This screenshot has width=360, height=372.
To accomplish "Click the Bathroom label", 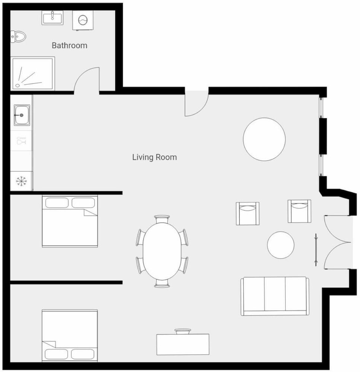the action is (x=69, y=45).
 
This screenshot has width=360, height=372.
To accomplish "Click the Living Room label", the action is (x=154, y=157).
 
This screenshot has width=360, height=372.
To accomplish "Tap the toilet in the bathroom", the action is (x=18, y=36).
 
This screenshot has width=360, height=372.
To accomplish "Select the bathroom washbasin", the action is (x=52, y=17).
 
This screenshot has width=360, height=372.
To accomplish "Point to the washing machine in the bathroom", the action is (x=83, y=20).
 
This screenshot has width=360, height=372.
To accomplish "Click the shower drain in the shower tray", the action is (x=17, y=85).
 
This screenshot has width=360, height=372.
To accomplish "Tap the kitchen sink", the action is (x=22, y=115).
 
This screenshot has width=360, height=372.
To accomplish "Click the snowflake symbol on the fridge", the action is (x=21, y=182).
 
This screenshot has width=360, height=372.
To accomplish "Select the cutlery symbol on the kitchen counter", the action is (x=21, y=141).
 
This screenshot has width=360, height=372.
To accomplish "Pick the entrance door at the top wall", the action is (x=197, y=104).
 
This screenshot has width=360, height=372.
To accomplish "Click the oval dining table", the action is (x=162, y=251).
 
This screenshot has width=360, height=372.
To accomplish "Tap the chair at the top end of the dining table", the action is (x=162, y=219).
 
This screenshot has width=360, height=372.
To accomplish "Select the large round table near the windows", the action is (x=264, y=139).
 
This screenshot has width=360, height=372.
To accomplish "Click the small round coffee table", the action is (x=281, y=245).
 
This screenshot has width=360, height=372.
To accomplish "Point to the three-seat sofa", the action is (x=275, y=296).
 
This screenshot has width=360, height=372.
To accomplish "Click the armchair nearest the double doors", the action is (x=299, y=211).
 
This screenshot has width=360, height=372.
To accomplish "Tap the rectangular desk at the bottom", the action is (x=183, y=344).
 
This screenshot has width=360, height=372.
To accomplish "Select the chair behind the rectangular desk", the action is (x=183, y=331).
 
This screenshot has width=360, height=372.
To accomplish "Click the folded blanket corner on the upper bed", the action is (x=90, y=212).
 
